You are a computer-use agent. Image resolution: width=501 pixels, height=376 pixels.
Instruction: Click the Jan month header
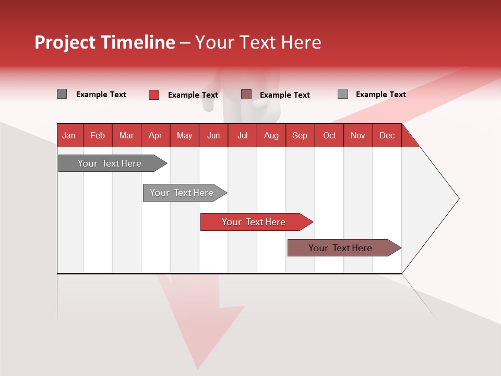[x=69, y=136]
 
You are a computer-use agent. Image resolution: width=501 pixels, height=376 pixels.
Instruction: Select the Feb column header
[x=98, y=136]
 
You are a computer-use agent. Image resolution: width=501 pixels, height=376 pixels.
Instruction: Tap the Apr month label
[x=156, y=136]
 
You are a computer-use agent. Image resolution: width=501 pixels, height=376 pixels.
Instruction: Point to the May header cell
[x=184, y=136]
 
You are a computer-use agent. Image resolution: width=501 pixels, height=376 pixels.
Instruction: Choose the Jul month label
[x=243, y=136]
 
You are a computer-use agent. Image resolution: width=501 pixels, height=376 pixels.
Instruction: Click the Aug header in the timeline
[x=271, y=136]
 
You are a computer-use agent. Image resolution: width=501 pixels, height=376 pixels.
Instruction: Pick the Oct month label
[x=329, y=136]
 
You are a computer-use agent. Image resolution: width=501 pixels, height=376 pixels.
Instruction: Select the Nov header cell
[x=358, y=136]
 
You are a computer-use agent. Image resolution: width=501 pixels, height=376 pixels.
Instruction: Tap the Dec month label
[x=387, y=136]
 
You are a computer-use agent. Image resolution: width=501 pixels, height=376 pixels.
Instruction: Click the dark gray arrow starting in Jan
[x=113, y=163]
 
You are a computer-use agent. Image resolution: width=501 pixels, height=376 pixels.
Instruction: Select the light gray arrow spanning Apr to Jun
[x=185, y=193]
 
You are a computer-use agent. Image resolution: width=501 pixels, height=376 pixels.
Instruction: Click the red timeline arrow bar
[x=257, y=222]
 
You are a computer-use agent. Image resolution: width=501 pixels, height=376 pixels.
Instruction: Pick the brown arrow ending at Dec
[x=344, y=248]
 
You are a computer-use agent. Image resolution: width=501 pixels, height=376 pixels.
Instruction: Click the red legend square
[x=154, y=95]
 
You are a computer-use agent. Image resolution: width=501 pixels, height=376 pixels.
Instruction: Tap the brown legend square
[x=246, y=95]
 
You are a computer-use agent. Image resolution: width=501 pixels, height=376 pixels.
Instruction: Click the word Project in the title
[x=65, y=43]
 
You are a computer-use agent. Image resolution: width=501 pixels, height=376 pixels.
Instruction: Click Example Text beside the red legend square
[x=193, y=95]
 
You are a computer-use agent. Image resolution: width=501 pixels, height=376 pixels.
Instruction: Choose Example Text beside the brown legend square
[x=285, y=95]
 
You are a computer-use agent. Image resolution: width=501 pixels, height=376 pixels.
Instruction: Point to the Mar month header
[x=126, y=136]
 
